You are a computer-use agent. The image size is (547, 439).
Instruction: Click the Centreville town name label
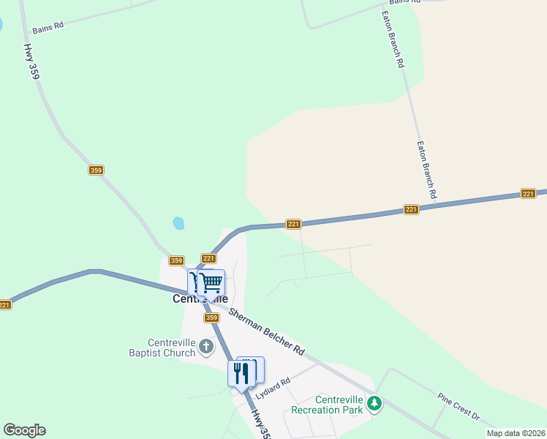coord(200,299)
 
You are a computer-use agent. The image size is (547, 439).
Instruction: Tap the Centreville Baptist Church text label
coord(172,348)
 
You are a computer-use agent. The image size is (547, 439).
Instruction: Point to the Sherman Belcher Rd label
coord(266,332)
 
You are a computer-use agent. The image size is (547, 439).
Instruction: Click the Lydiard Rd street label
coord(273,386)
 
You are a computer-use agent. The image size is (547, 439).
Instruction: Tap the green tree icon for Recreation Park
coord(374,402)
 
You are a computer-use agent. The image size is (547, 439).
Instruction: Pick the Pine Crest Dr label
coord(459,406)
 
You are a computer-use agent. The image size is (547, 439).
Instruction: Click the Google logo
coord(24,430)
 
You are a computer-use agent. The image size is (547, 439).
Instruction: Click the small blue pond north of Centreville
coord(178,222)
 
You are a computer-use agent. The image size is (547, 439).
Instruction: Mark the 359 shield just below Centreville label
coord(211,318)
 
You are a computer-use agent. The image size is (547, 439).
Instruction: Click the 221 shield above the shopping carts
coord(208,258)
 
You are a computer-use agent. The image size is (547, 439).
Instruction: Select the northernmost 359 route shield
coord(96,170)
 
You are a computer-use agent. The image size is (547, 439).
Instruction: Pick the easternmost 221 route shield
coord(529,193)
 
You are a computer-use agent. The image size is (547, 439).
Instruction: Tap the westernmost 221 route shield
coord(5,305)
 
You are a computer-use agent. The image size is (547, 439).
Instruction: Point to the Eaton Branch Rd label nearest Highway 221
coord(426,170)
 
